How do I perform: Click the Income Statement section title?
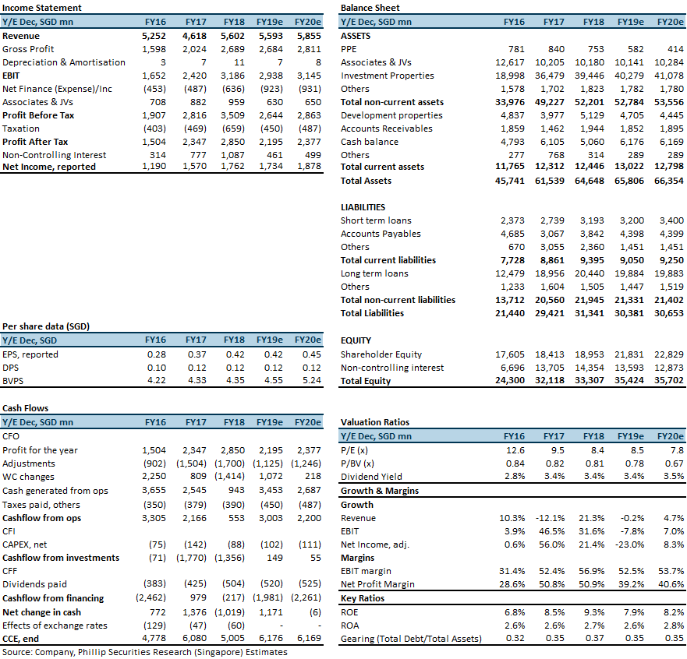tap(41, 8)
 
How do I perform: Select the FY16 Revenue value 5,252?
tap(154, 36)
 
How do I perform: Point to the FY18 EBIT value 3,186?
tap(232, 76)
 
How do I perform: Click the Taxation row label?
tap(20, 129)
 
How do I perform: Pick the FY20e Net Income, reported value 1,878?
tap(309, 166)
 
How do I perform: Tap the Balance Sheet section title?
tap(370, 8)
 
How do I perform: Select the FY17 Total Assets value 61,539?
tap(550, 181)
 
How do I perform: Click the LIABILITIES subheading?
tap(363, 207)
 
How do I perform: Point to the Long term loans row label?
tap(374, 273)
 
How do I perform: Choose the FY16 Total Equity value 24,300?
tap(509, 380)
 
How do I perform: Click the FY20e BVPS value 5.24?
tap(311, 380)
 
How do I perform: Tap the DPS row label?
tap(10, 368)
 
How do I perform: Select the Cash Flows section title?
tap(26, 408)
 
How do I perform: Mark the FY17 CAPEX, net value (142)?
tap(195, 544)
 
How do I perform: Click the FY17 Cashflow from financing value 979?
tap(199, 597)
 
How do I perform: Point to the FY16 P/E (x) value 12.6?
tap(515, 450)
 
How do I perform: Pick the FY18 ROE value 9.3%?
tap(594, 612)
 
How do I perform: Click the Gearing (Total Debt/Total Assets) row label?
tap(411, 639)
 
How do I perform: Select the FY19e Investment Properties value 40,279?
tap(629, 76)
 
